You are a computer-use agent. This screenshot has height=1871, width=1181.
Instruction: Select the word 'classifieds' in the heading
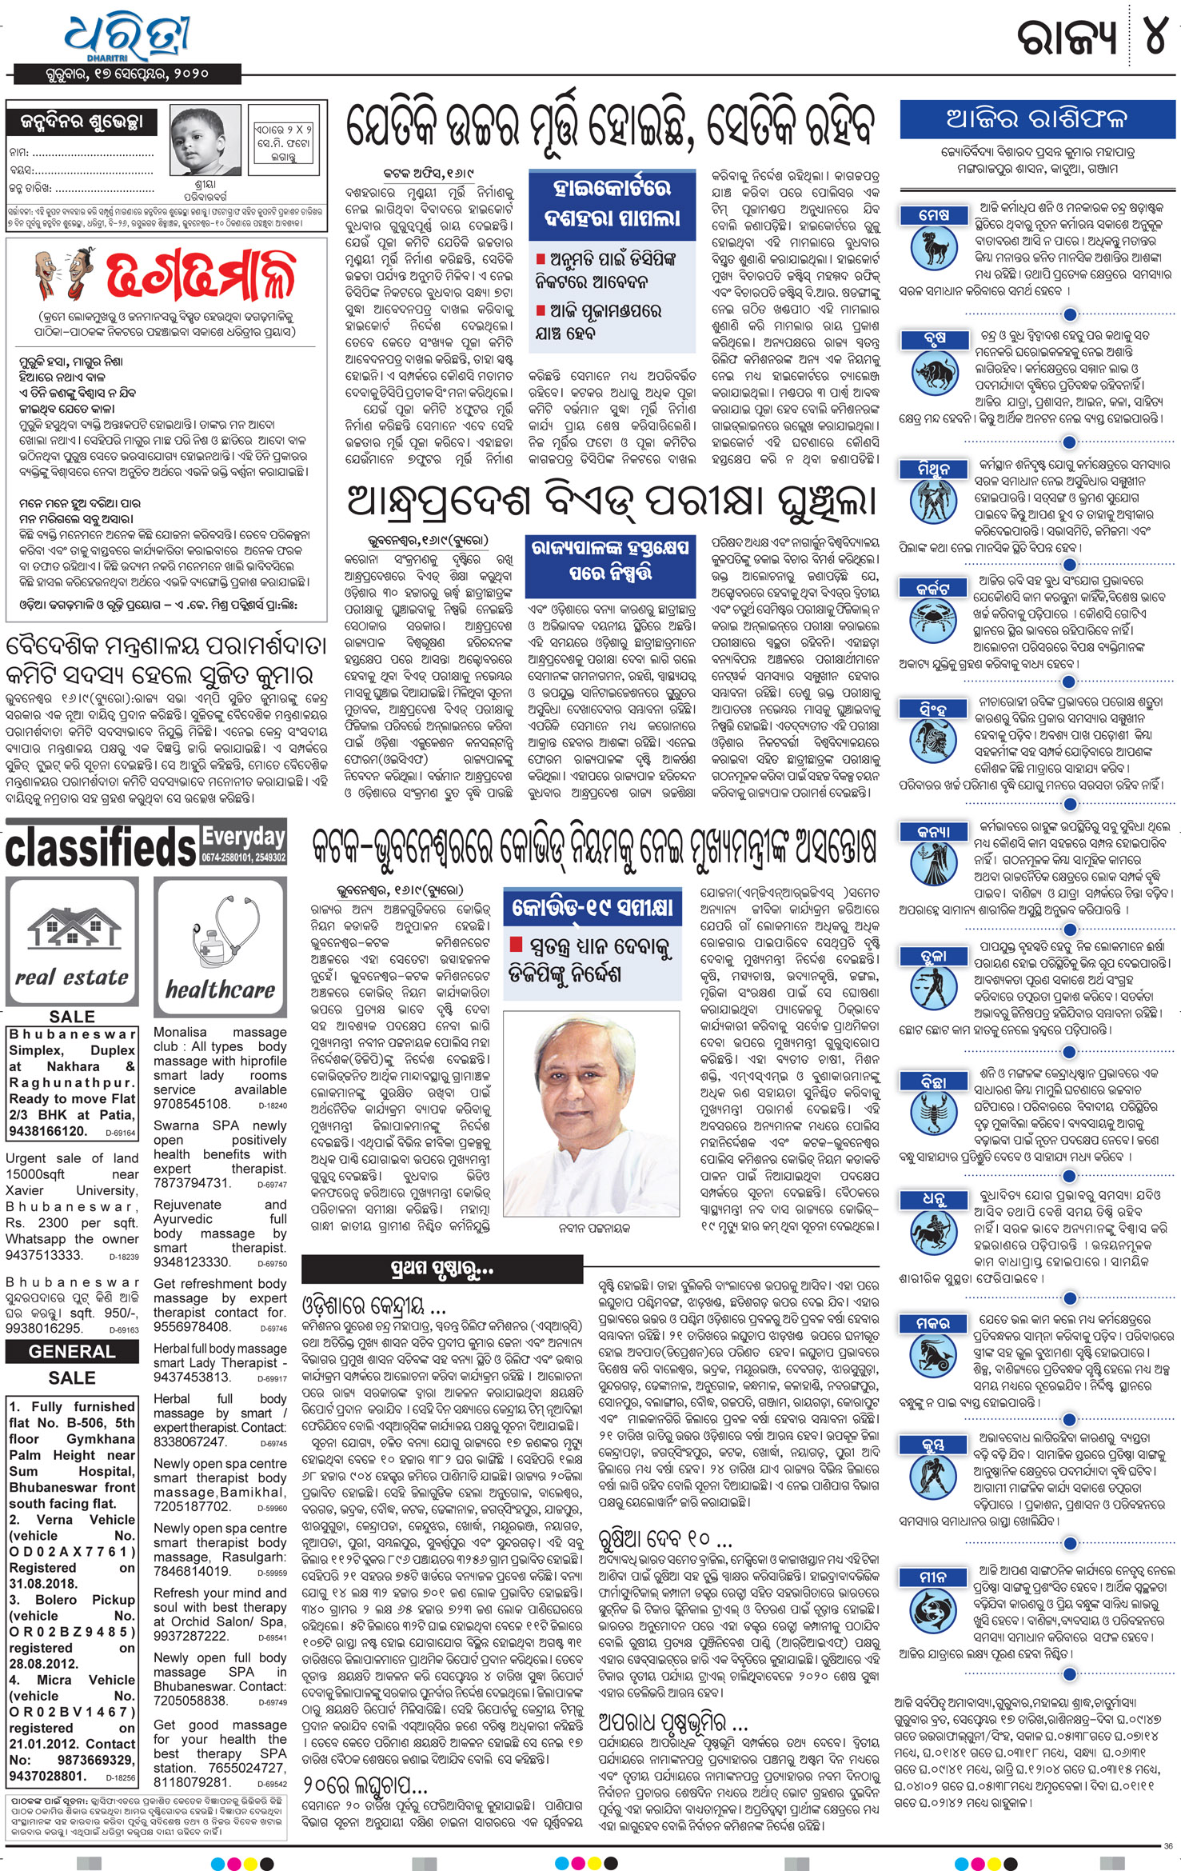tap(101, 847)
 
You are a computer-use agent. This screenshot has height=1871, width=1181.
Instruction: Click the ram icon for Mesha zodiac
tap(933, 248)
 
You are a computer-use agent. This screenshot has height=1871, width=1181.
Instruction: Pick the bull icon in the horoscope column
tap(933, 374)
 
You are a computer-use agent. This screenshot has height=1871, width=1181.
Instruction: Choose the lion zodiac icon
tap(933, 743)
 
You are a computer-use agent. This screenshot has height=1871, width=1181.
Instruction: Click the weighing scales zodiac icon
tap(933, 990)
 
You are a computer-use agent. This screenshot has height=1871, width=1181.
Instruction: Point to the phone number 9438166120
tap(48, 1131)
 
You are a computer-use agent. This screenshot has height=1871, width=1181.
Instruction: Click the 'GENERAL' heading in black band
tap(72, 1352)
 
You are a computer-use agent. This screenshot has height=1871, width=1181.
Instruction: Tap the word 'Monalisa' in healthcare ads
tap(180, 1033)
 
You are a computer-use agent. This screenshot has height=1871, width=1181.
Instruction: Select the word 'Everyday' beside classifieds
tap(243, 837)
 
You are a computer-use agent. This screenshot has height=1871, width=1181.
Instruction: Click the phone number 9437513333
tap(44, 1255)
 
